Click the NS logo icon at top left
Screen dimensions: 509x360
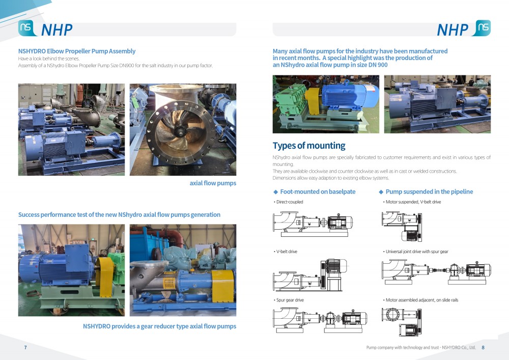coord(26,27)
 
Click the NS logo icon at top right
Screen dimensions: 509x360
coord(483,27)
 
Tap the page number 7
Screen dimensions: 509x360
coord(25,347)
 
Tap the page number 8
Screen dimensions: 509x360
coord(483,347)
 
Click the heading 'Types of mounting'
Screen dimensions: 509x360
coord(309,146)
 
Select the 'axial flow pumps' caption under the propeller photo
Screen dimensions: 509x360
coord(213,183)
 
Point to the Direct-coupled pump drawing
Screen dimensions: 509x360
coord(313,224)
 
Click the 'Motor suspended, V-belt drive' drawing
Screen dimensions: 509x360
coord(402,227)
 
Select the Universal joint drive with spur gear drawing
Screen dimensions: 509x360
coord(436,272)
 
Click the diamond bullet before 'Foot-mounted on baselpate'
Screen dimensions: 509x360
coord(275,192)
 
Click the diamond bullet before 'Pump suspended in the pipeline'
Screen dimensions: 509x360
coord(381,192)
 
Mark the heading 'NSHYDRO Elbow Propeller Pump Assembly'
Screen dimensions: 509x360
coord(77,51)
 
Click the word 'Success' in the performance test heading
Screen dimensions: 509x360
coord(29,214)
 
